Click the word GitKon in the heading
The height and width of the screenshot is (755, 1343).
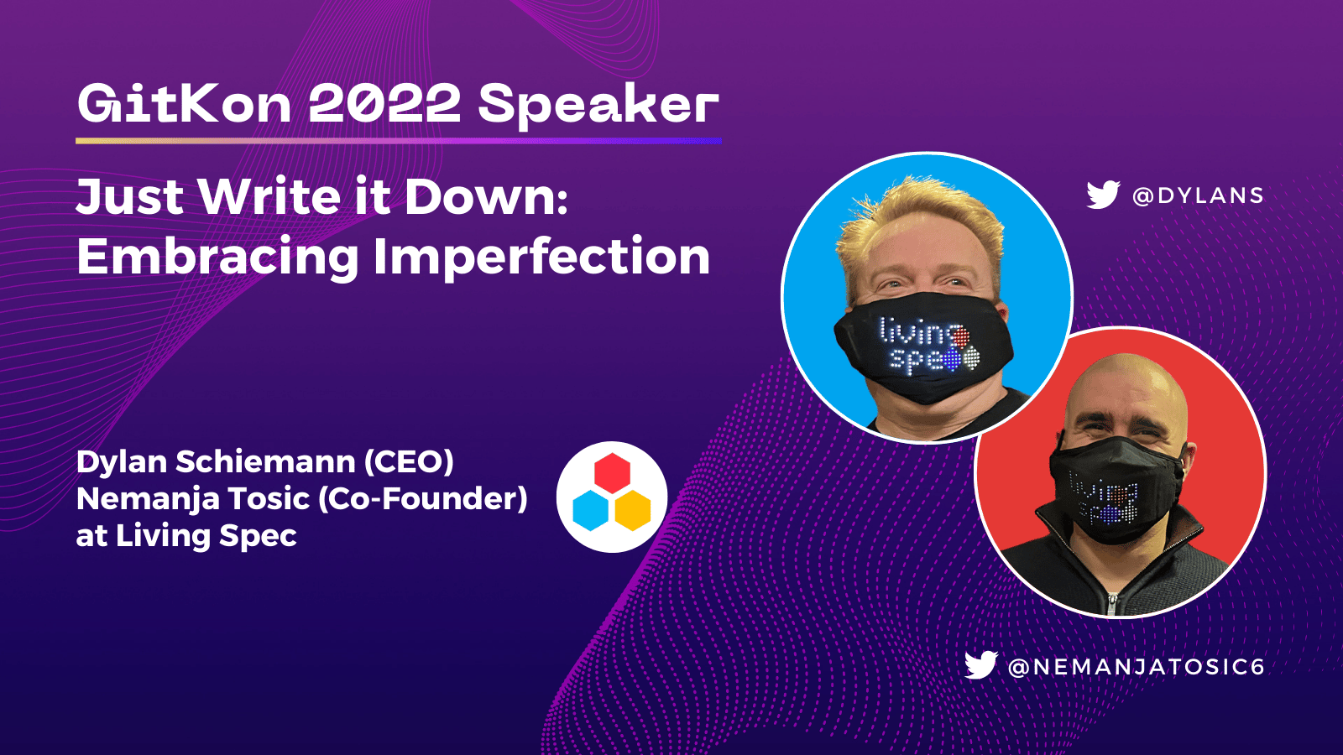(x=184, y=104)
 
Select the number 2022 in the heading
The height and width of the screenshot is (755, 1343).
(x=384, y=104)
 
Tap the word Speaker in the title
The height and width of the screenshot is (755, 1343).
(x=598, y=104)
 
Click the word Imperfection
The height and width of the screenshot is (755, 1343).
(x=541, y=257)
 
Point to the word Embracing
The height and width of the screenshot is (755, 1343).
(x=217, y=257)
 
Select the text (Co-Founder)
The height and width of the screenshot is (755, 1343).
(x=423, y=498)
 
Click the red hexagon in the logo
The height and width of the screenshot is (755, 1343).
(x=612, y=473)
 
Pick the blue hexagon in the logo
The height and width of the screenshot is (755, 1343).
(x=590, y=510)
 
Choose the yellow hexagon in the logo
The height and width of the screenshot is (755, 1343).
(x=633, y=510)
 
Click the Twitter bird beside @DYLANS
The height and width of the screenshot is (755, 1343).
(x=1103, y=195)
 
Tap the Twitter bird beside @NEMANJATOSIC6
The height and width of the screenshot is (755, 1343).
(x=980, y=665)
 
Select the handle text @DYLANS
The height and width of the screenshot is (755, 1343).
(x=1198, y=195)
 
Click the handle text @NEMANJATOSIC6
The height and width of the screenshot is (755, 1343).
(x=1137, y=667)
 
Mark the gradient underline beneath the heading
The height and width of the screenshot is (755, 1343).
(x=398, y=140)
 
